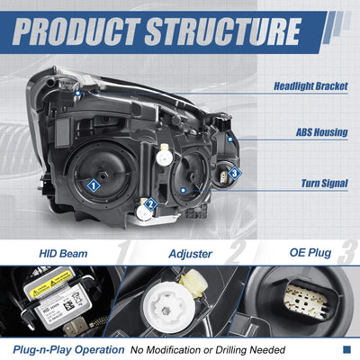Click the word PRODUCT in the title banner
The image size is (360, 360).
pyautogui.click(x=76, y=31)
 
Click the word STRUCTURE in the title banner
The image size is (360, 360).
pyautogui.click(x=223, y=31)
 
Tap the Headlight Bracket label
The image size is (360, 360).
pyautogui.click(x=310, y=86)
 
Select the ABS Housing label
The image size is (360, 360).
pyautogui.click(x=322, y=132)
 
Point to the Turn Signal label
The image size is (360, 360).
pyautogui.click(x=325, y=184)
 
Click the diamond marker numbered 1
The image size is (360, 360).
pyautogui.click(x=94, y=185)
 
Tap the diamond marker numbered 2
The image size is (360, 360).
pyautogui.click(x=150, y=204)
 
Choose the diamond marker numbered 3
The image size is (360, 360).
pyautogui.click(x=235, y=173)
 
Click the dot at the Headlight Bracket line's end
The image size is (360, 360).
pyautogui.click(x=78, y=94)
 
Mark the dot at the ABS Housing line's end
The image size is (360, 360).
pyautogui.click(x=230, y=139)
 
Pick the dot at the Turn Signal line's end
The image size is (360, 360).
pyautogui.click(x=184, y=190)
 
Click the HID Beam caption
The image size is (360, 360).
pyautogui.click(x=63, y=254)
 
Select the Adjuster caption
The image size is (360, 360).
pyautogui.click(x=191, y=254)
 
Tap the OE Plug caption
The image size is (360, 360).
pyautogui.click(x=310, y=253)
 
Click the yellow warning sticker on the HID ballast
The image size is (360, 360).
pyautogui.click(x=52, y=282)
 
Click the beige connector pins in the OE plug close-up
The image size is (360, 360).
pyautogui.click(x=304, y=298)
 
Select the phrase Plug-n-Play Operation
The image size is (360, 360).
pyautogui.click(x=68, y=350)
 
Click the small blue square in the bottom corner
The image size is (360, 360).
pyautogui.click(x=346, y=349)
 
